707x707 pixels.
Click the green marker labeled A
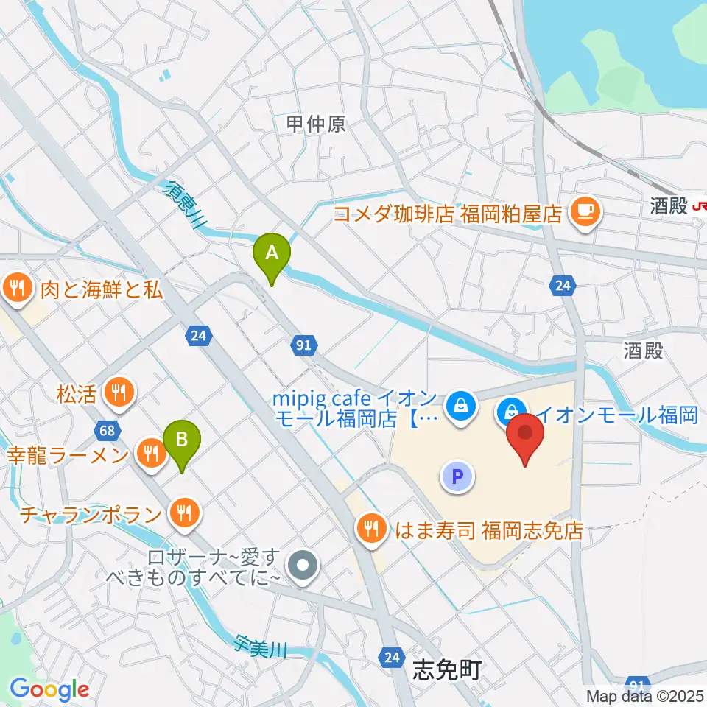click(x=272, y=255)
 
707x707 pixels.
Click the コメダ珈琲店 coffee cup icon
click(x=586, y=214)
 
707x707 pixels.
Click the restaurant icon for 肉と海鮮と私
click(x=18, y=287)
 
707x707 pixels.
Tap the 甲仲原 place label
click(x=316, y=124)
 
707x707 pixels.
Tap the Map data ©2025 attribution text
click(x=644, y=695)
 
